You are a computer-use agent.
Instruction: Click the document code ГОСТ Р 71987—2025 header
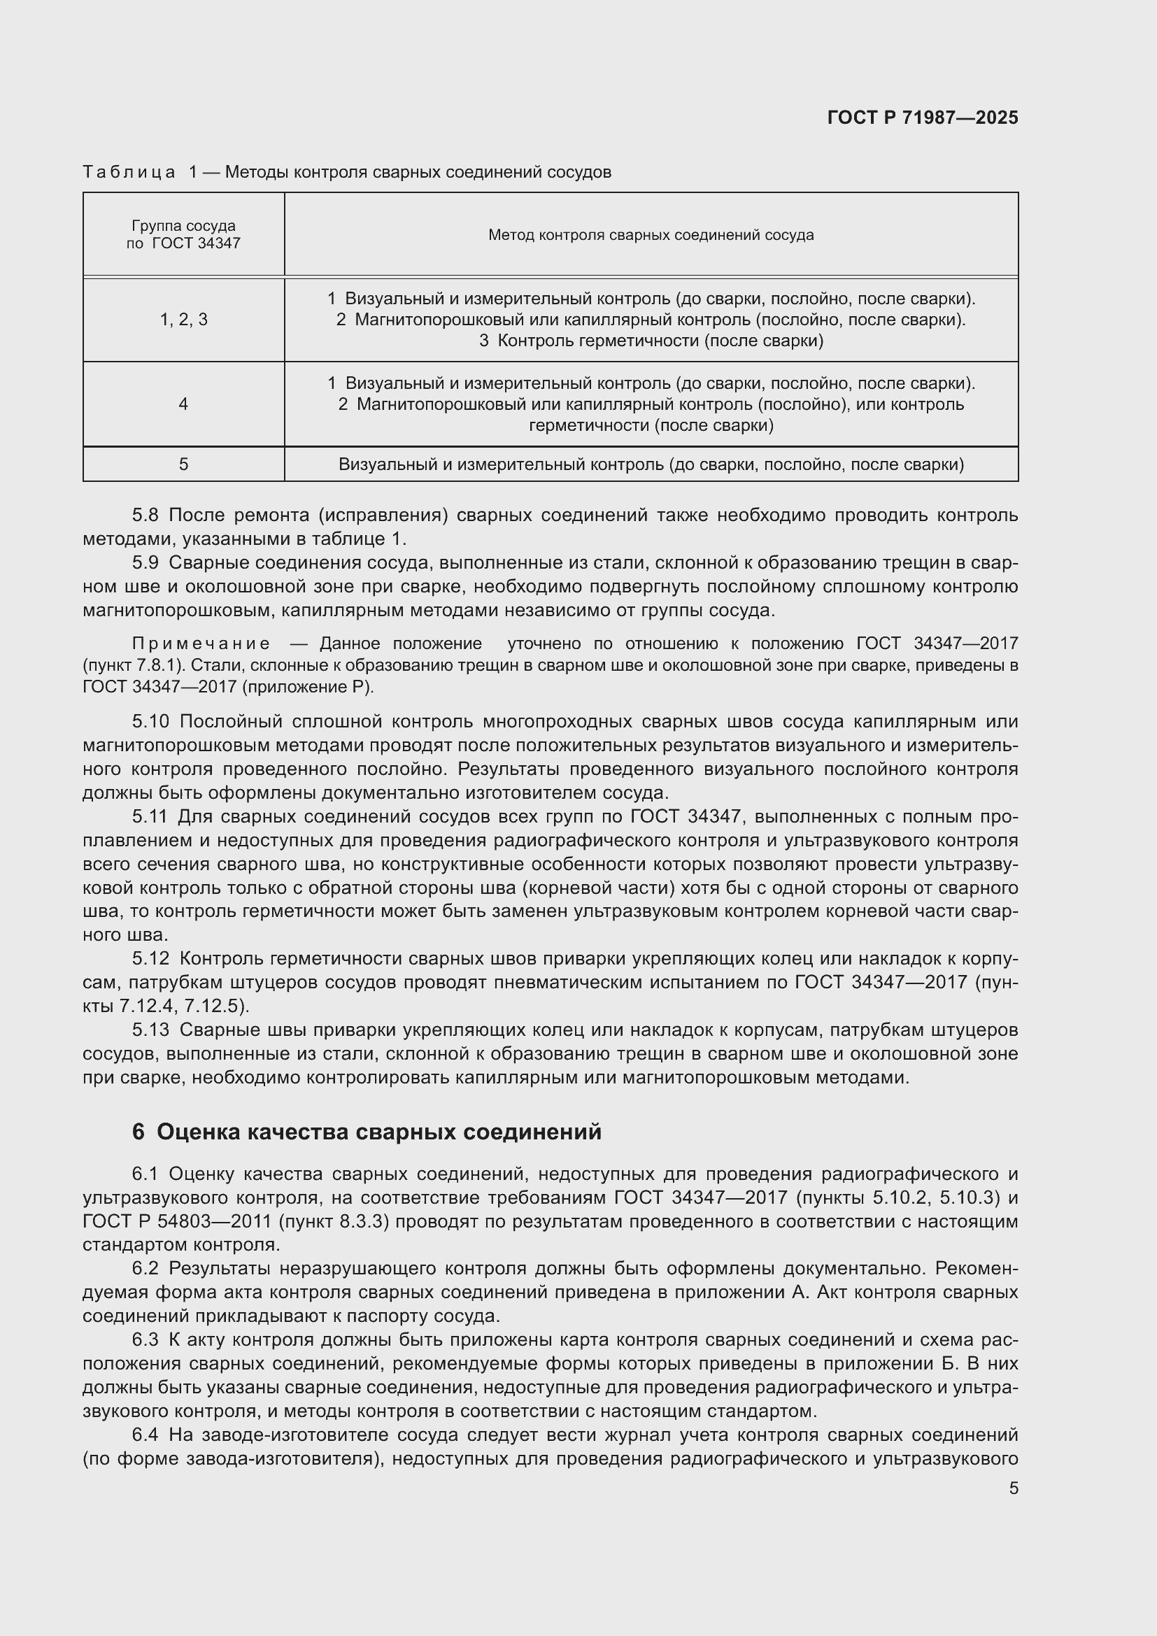point(923,118)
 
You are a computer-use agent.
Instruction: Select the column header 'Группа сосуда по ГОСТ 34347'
point(183,234)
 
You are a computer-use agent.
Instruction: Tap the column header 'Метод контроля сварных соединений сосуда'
point(651,235)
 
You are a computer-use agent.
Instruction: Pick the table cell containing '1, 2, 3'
point(183,320)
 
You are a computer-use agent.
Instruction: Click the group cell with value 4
point(183,405)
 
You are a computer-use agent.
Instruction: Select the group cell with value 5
point(183,464)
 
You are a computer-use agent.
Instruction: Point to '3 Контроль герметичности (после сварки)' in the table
point(651,341)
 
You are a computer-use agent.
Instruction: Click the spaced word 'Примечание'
point(201,644)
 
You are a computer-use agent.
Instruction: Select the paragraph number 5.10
point(150,722)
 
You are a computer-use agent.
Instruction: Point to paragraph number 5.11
point(149,816)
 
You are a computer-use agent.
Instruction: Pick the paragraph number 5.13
point(150,1030)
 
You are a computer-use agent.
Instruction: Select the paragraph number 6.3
point(145,1340)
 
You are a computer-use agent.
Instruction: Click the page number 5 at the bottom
point(1013,1488)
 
